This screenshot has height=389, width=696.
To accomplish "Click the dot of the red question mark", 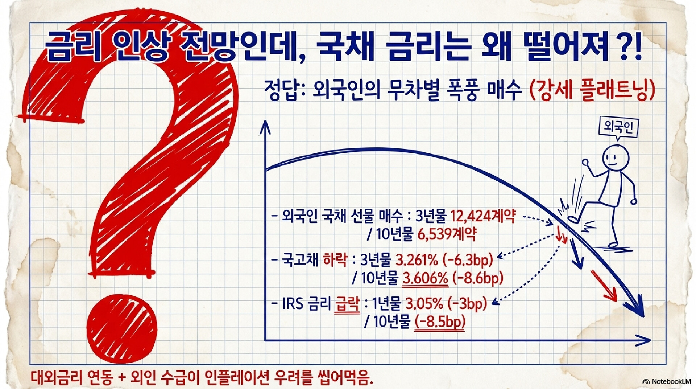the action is (122, 329).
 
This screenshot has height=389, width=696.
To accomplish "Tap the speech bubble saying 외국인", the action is (618, 127).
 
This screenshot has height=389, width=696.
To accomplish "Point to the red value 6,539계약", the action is (447, 234).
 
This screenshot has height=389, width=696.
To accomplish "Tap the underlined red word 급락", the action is (348, 303).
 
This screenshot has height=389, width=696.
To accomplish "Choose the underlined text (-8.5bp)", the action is (440, 322).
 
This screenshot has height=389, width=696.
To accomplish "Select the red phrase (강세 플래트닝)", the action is (592, 90).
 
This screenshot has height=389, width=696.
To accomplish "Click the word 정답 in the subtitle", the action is (281, 90).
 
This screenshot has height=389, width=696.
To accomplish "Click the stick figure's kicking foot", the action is (573, 219).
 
